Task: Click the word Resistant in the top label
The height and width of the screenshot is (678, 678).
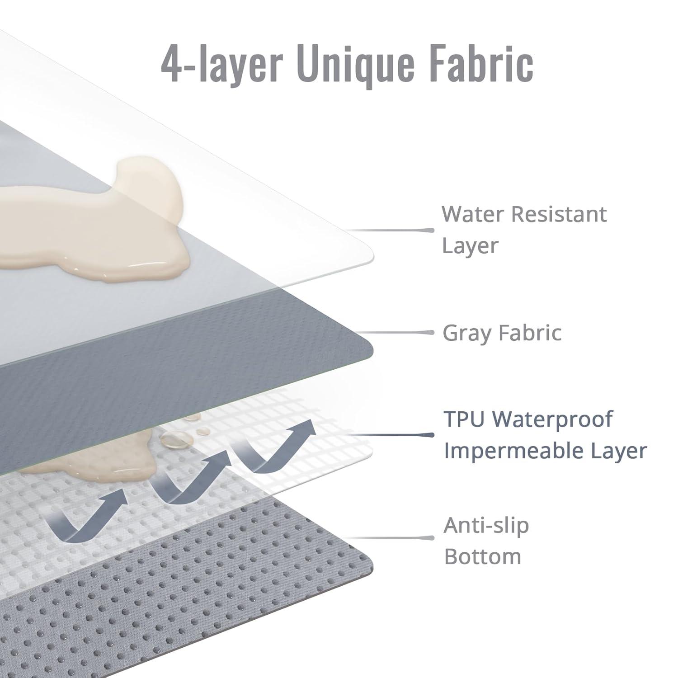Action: (x=559, y=214)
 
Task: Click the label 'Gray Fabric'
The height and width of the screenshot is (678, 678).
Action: (x=502, y=333)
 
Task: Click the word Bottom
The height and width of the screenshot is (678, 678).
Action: (x=483, y=557)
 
